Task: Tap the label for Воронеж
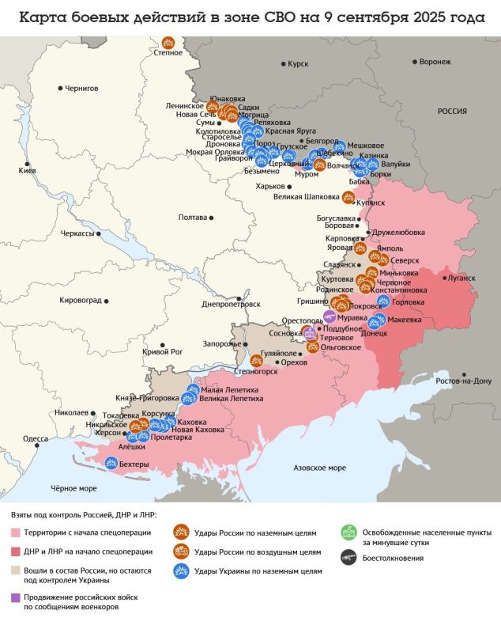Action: click(x=435, y=61)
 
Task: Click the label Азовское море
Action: click(x=319, y=468)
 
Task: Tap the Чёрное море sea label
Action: click(x=73, y=488)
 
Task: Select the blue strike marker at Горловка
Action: click(x=384, y=301)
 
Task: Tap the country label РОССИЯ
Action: click(x=453, y=112)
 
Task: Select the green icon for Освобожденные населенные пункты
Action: click(x=345, y=533)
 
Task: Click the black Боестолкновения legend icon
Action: click(x=345, y=558)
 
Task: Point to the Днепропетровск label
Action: click(x=232, y=303)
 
